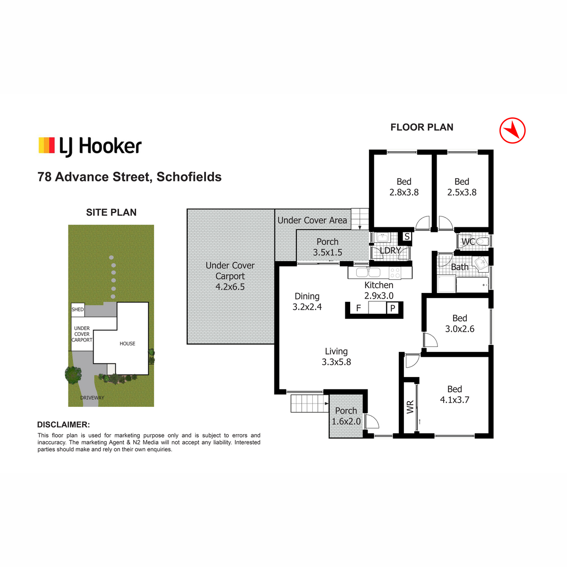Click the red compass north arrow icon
coord(512,130)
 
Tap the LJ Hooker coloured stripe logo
coord(46,146)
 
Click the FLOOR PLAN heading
coord(421,127)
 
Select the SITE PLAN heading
coord(111,212)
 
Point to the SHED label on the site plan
coord(77,309)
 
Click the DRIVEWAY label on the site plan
coord(92,398)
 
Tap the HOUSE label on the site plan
coord(128,344)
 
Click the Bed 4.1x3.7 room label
coord(454,395)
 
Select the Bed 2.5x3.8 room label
coord(462,187)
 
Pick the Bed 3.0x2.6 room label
coord(460,323)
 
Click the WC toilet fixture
coord(481,241)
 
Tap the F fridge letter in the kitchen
coord(358,308)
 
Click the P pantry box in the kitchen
coord(393,308)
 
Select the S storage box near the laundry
coord(407,236)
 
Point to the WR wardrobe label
coord(410,407)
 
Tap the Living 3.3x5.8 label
coord(336,357)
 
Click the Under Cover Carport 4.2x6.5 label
coord(230,276)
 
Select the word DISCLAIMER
coord(63,425)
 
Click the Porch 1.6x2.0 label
coord(346,416)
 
